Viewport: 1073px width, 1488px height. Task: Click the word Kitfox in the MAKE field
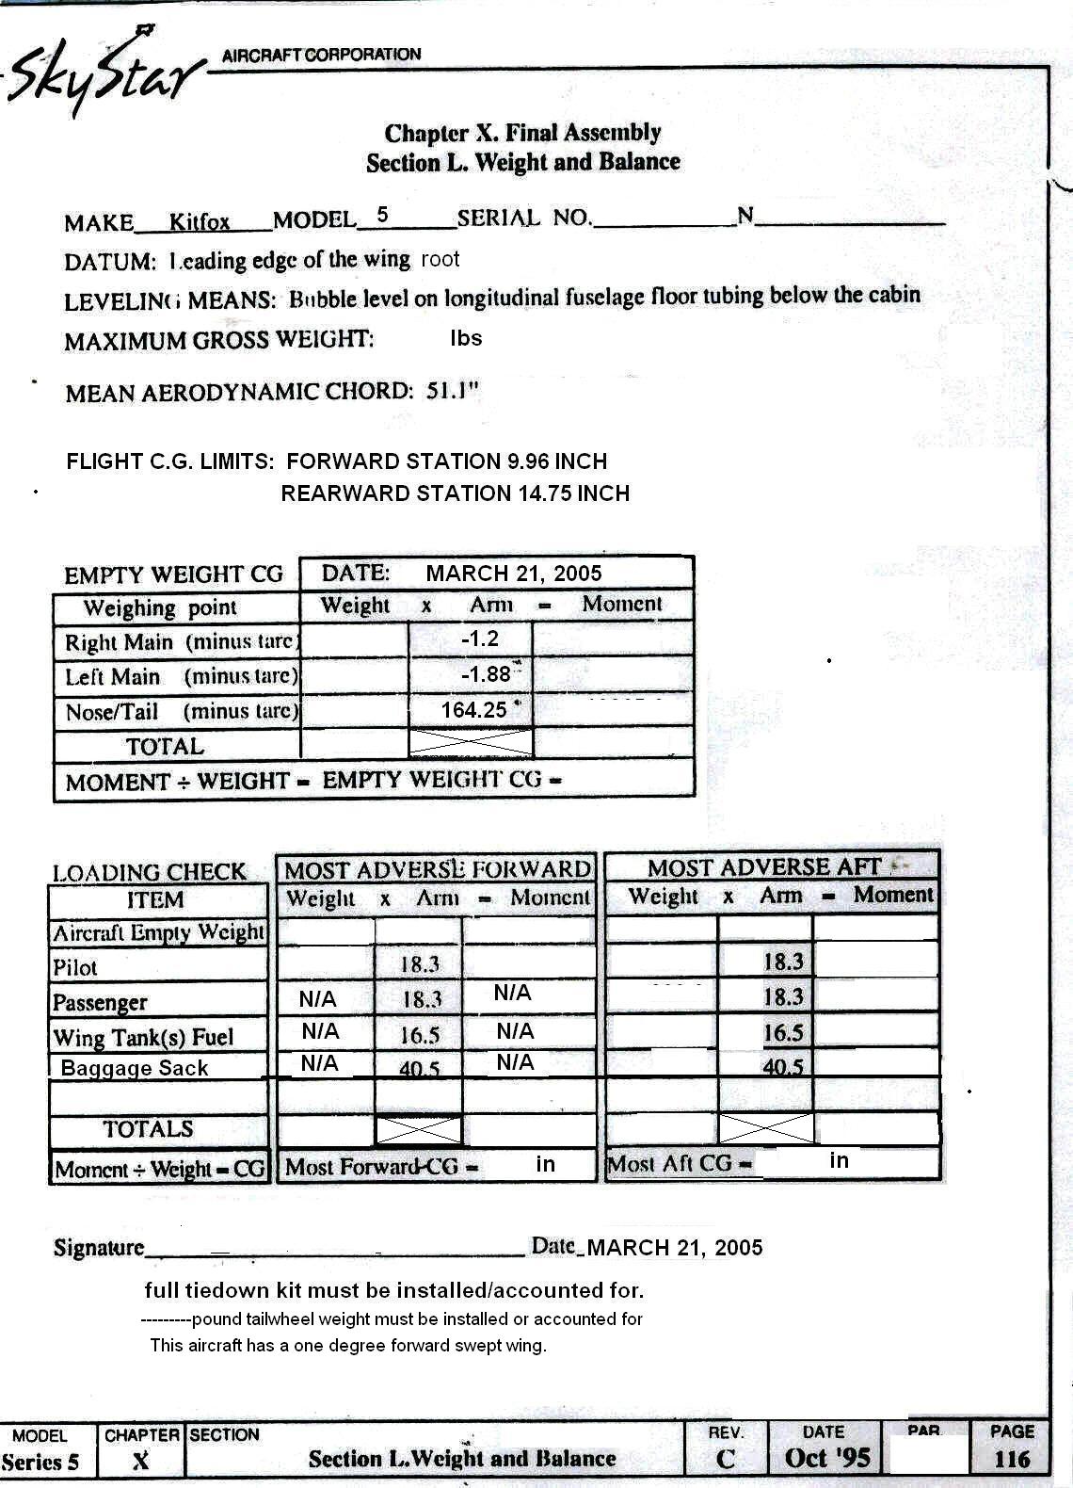(x=200, y=222)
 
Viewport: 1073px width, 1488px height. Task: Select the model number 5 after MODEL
(x=382, y=215)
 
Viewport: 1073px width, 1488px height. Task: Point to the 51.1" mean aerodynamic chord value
(x=453, y=391)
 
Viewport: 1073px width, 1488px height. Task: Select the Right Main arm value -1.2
(x=479, y=639)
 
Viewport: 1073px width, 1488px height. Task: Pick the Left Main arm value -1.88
(x=486, y=674)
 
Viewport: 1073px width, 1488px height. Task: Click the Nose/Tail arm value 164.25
(x=473, y=710)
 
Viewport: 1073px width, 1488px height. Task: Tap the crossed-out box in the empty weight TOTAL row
(x=471, y=743)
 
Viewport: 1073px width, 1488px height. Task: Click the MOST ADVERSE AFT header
(x=764, y=867)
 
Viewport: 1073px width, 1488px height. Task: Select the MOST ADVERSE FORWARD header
(x=438, y=869)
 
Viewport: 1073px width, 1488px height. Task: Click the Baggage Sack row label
(x=135, y=1068)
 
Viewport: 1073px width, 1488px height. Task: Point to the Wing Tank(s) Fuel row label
(x=143, y=1038)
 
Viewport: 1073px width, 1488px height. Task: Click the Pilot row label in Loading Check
(x=75, y=967)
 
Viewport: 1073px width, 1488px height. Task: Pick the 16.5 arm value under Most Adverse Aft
(x=783, y=1032)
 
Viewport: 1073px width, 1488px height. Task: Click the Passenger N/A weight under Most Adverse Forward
(x=317, y=999)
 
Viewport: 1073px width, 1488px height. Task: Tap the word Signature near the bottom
(x=99, y=1248)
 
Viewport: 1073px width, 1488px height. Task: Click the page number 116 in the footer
(x=1012, y=1460)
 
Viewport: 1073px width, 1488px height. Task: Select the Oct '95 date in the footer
(x=827, y=1459)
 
